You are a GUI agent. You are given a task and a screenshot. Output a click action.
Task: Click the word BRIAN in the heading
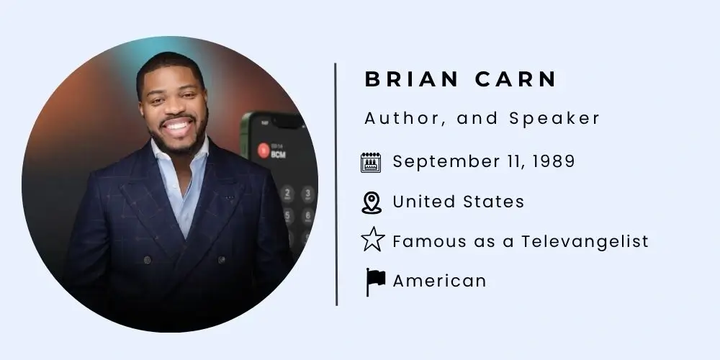coord(411,79)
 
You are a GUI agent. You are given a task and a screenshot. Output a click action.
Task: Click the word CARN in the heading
coord(516,79)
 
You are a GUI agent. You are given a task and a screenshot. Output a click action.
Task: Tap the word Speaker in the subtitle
coord(554,120)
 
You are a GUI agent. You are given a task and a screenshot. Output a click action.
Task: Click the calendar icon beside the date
coord(371,163)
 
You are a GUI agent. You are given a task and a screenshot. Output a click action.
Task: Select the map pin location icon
coord(371,202)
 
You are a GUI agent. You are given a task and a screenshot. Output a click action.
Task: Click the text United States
coord(458,202)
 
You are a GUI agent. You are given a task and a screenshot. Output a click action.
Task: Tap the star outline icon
coord(372,240)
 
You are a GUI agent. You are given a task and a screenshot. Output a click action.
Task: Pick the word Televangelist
coord(585,241)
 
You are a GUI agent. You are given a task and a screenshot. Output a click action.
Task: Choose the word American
coord(439,281)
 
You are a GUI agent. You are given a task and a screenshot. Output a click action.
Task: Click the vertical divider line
coord(336,184)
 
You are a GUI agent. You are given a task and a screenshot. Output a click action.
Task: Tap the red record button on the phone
coord(263,150)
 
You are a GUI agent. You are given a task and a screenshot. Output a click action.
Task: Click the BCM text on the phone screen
coord(278,154)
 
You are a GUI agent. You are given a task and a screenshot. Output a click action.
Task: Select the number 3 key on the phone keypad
coord(307,193)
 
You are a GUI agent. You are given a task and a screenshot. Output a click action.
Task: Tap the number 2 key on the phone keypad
coord(287,192)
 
